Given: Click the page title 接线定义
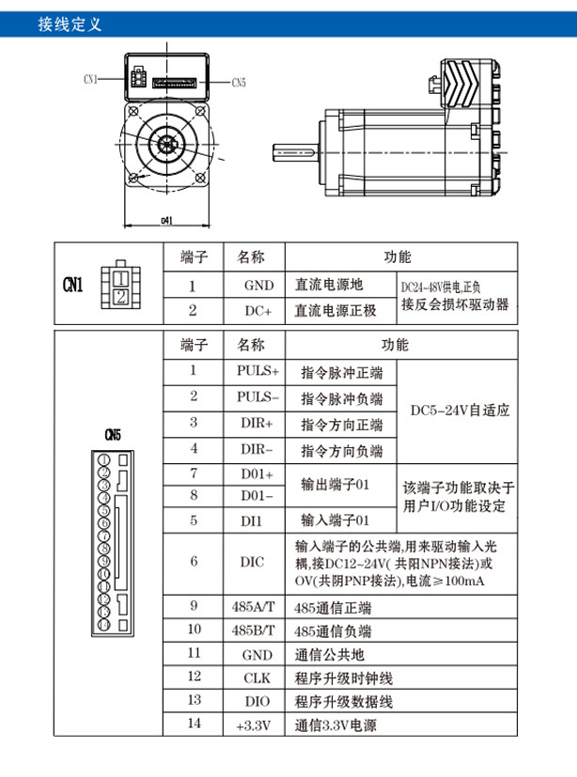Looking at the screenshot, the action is click(x=70, y=23).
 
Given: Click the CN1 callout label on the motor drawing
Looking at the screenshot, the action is click(x=90, y=79).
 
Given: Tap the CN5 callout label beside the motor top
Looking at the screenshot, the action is click(x=239, y=83).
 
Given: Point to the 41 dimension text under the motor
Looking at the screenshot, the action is click(x=167, y=220).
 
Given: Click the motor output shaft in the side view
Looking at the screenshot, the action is click(x=295, y=152).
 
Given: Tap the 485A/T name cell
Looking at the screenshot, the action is click(x=254, y=607).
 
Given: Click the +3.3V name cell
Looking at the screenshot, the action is click(x=254, y=725).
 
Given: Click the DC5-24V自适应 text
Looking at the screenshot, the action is click(x=460, y=411).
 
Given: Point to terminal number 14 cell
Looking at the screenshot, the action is click(x=195, y=723).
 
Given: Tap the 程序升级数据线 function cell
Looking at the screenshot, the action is click(x=344, y=702).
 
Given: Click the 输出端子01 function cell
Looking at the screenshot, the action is click(x=335, y=484).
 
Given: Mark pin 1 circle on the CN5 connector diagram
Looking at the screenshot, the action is click(x=104, y=459).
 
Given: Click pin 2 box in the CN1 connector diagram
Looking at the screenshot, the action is click(x=121, y=297).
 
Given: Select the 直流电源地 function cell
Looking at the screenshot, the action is click(x=329, y=285).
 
